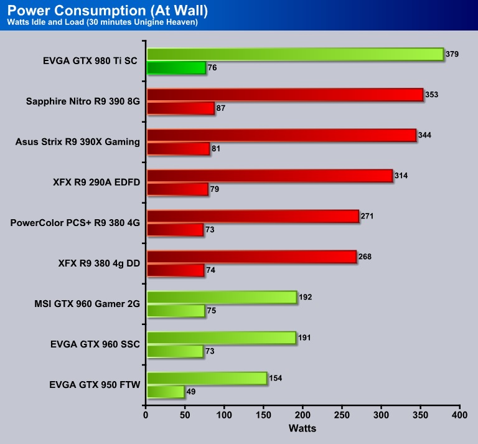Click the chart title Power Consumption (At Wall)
108,11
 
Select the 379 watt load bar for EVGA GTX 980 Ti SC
295,54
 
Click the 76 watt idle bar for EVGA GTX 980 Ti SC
176,68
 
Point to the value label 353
432,95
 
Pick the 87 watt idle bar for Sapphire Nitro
180,108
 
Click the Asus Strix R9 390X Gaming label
78,142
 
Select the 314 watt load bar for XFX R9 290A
269,176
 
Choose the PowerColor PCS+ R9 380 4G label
75,223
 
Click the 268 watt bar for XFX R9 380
251,257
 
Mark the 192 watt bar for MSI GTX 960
222,297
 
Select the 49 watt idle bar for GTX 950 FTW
166,392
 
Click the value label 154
276,378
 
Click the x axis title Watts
302,428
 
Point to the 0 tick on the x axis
146,414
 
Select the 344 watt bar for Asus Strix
281,135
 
